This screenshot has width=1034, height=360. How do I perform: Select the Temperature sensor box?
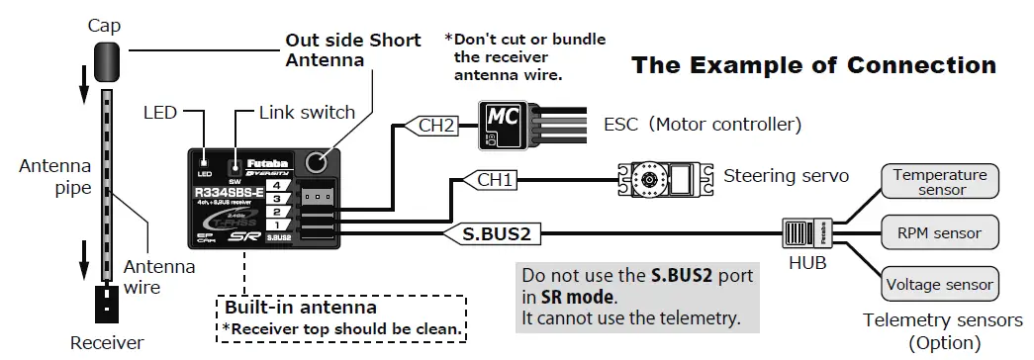click(x=940, y=182)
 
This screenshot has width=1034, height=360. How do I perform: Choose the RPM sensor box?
click(x=940, y=233)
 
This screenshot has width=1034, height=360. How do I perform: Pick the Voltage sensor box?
click(x=940, y=285)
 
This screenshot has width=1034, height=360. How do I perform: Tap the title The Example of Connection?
click(x=813, y=66)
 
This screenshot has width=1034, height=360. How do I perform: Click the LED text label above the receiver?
click(x=159, y=113)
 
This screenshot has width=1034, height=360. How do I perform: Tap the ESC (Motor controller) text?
click(x=702, y=126)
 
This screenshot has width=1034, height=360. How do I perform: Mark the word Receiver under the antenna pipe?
click(x=107, y=343)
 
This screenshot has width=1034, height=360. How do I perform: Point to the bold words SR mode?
click(x=578, y=297)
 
